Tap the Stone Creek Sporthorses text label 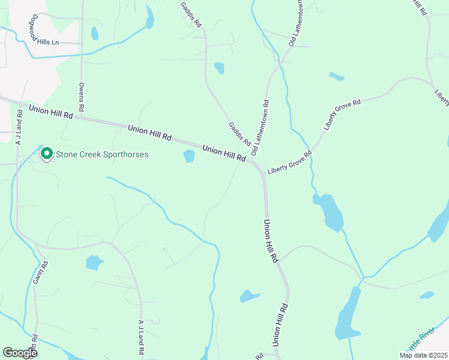[102, 155]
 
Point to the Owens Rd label [82, 98]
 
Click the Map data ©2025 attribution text [423, 355]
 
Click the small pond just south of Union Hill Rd [189, 156]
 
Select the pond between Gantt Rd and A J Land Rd [94, 262]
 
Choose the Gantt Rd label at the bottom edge [35, 347]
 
